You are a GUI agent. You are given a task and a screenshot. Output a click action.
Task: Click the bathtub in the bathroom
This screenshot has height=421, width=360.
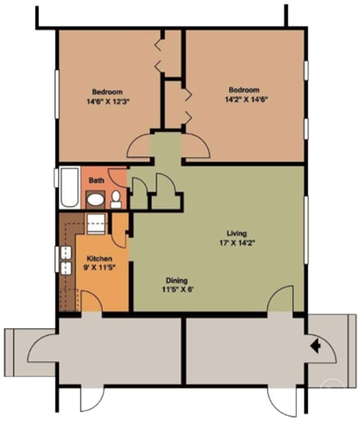(69, 188)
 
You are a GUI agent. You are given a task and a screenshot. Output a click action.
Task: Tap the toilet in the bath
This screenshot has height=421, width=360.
(116, 200)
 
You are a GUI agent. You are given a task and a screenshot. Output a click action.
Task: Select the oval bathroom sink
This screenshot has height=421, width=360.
(96, 199)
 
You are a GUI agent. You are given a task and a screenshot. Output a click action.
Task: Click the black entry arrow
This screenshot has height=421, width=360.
(315, 346)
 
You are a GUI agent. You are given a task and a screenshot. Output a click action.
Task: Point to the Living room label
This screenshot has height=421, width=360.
(237, 233)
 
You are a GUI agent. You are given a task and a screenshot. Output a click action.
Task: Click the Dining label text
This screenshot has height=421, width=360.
(176, 281)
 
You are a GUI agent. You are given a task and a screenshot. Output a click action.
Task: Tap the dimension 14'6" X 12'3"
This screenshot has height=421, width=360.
(108, 102)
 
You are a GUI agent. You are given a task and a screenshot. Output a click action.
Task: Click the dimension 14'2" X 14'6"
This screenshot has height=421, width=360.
(247, 99)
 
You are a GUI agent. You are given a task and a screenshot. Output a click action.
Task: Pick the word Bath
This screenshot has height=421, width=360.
(97, 181)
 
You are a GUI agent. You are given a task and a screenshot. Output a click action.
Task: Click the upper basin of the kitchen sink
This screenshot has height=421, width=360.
(66, 253)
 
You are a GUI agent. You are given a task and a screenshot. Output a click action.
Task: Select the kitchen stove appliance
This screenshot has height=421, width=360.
(96, 224)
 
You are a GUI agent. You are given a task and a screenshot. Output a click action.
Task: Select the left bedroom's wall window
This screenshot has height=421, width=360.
(57, 95)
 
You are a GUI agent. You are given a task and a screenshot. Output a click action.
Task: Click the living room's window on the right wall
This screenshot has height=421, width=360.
(306, 230)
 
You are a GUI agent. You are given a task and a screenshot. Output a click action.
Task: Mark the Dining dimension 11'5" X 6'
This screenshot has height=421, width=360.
(178, 289)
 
